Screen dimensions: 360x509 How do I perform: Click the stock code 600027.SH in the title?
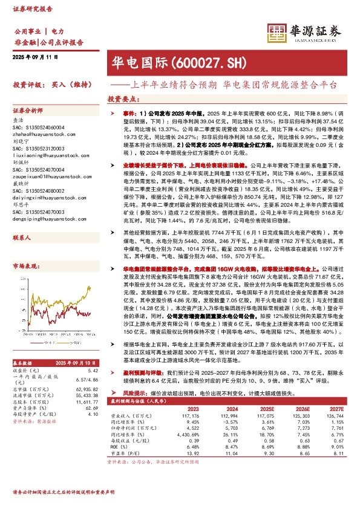pyautogui.click(x=200, y=62)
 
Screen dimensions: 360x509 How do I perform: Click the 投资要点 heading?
pyautogui.click(x=121, y=99)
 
